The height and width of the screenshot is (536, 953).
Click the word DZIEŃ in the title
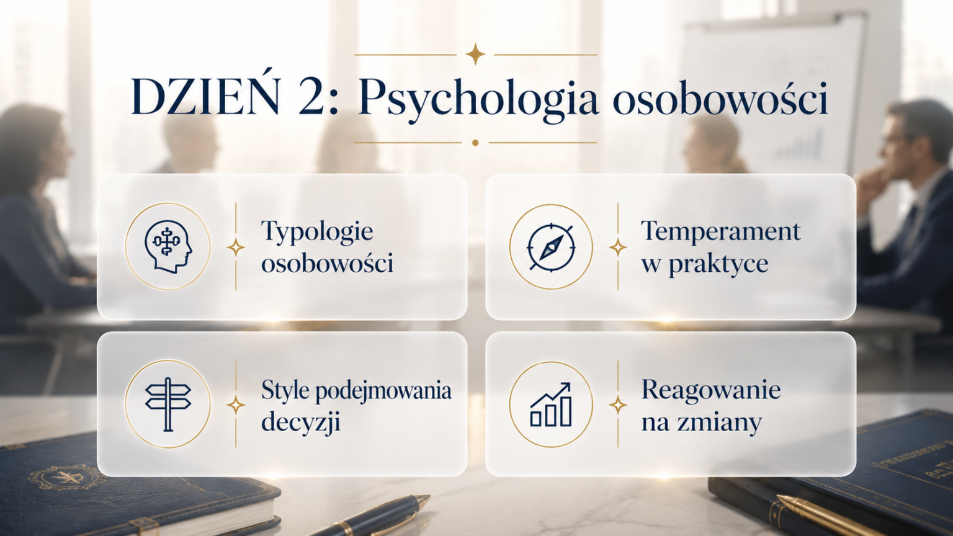[x=205, y=98]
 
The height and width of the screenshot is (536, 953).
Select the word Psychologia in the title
[x=478, y=101]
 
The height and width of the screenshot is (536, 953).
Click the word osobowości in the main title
[x=720, y=100]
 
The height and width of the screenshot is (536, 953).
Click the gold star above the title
[x=475, y=55]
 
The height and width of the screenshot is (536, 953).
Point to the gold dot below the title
[x=475, y=143]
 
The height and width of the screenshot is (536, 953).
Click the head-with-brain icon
[x=168, y=246]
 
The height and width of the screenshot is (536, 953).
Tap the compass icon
[x=551, y=247]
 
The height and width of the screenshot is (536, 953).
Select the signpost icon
[x=168, y=404]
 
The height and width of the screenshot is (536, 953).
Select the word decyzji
[x=301, y=423]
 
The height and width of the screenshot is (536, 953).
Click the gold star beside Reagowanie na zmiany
[x=618, y=404]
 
